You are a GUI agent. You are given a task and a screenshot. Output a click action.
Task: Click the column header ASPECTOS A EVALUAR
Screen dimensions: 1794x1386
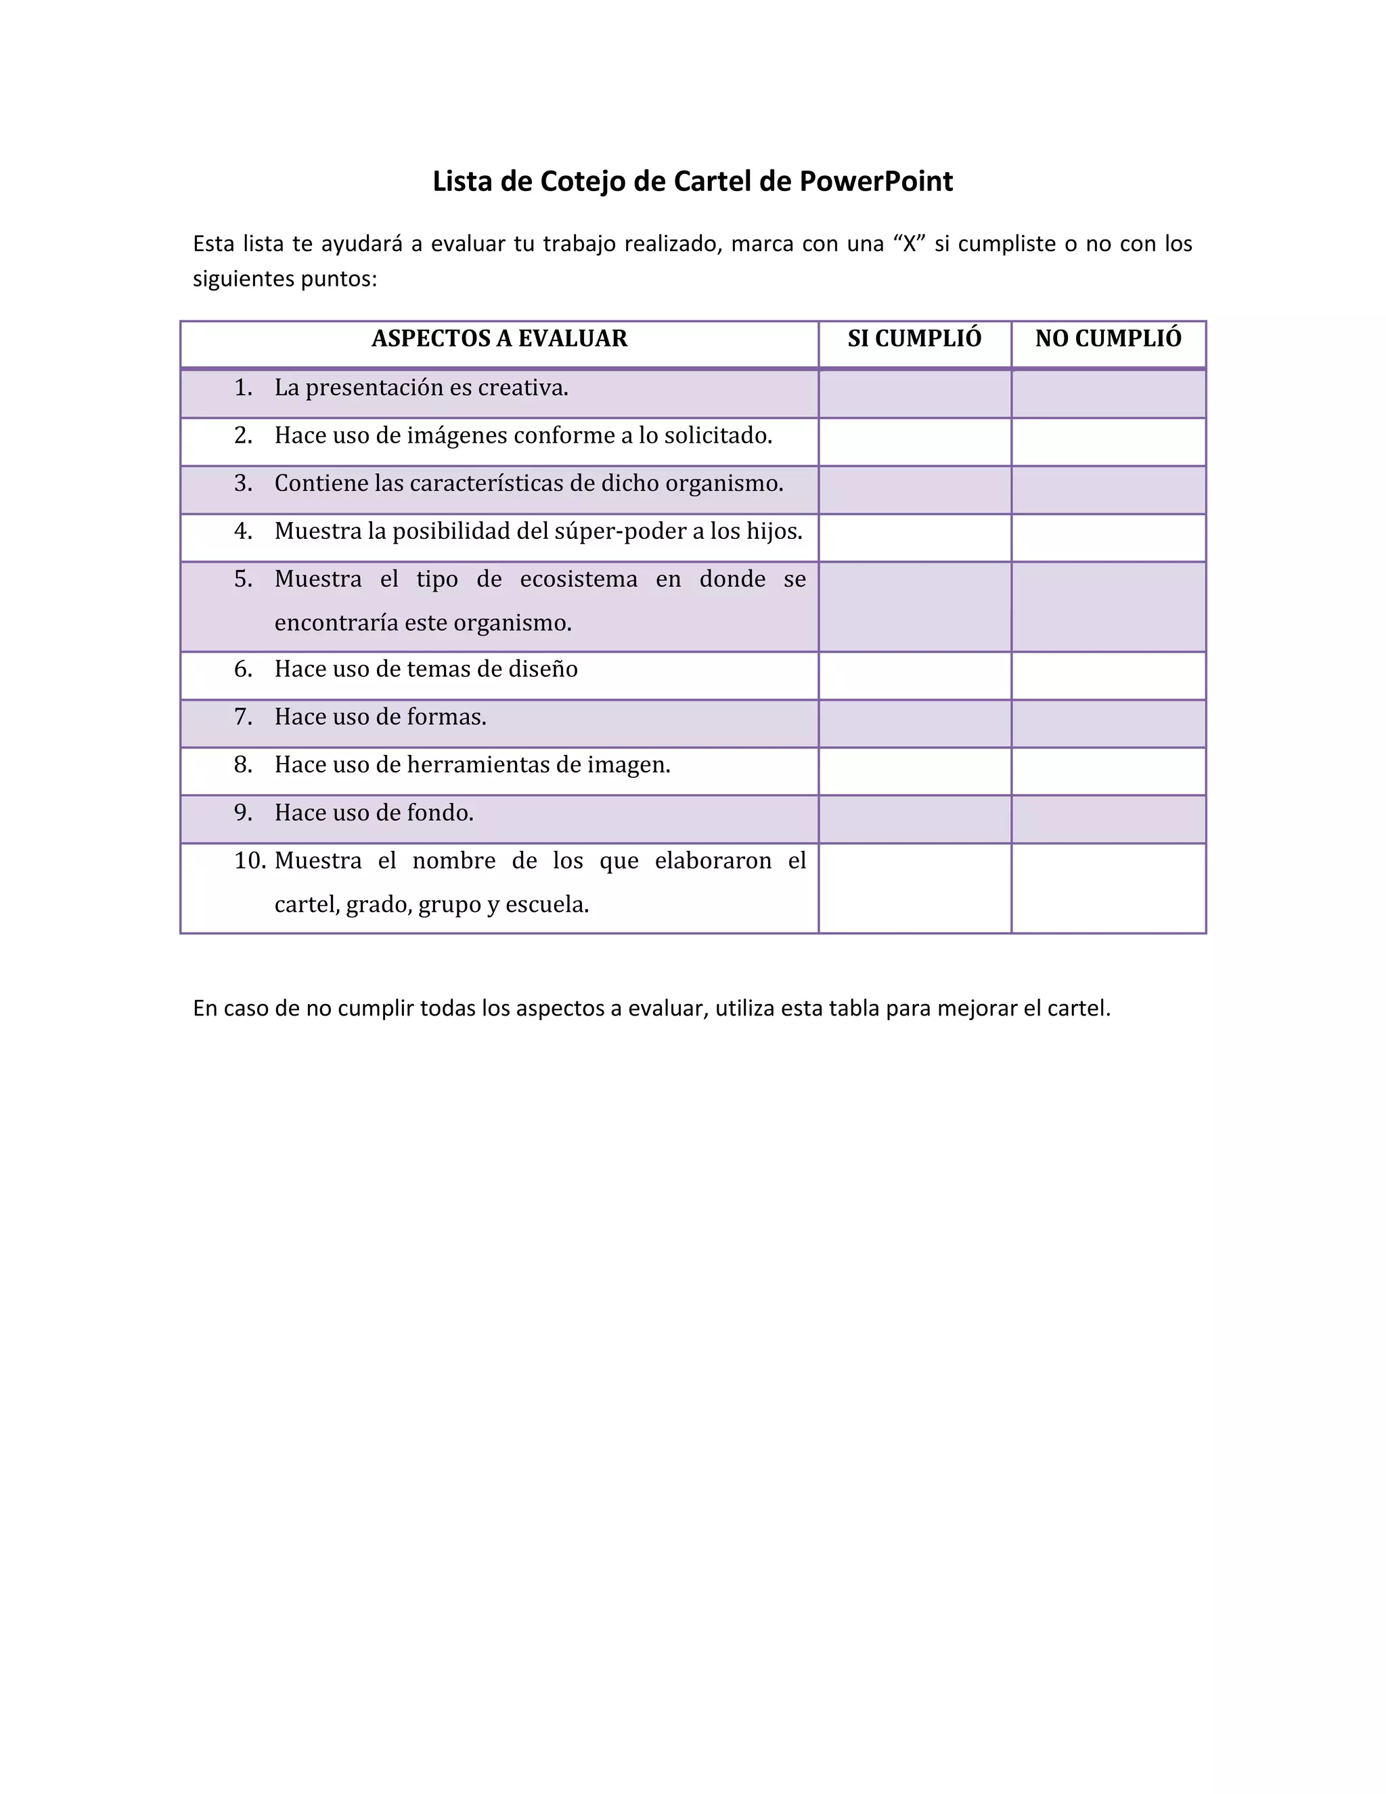499,338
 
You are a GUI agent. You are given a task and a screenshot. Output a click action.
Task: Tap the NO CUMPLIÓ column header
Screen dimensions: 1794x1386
1108,338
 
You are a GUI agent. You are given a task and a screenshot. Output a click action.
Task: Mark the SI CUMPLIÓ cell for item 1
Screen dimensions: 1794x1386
915,393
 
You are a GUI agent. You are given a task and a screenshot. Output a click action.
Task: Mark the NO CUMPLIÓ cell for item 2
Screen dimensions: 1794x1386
1108,442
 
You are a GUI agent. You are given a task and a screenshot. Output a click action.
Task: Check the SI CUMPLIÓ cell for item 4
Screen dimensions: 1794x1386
915,538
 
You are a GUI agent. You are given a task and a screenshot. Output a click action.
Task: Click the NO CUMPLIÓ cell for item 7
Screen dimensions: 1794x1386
1108,723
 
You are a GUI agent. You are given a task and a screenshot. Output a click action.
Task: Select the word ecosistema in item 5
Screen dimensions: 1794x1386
579,579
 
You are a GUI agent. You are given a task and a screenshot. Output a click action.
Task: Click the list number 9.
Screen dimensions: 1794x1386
242,813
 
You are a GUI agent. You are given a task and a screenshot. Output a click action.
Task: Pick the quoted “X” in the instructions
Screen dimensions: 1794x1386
909,244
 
